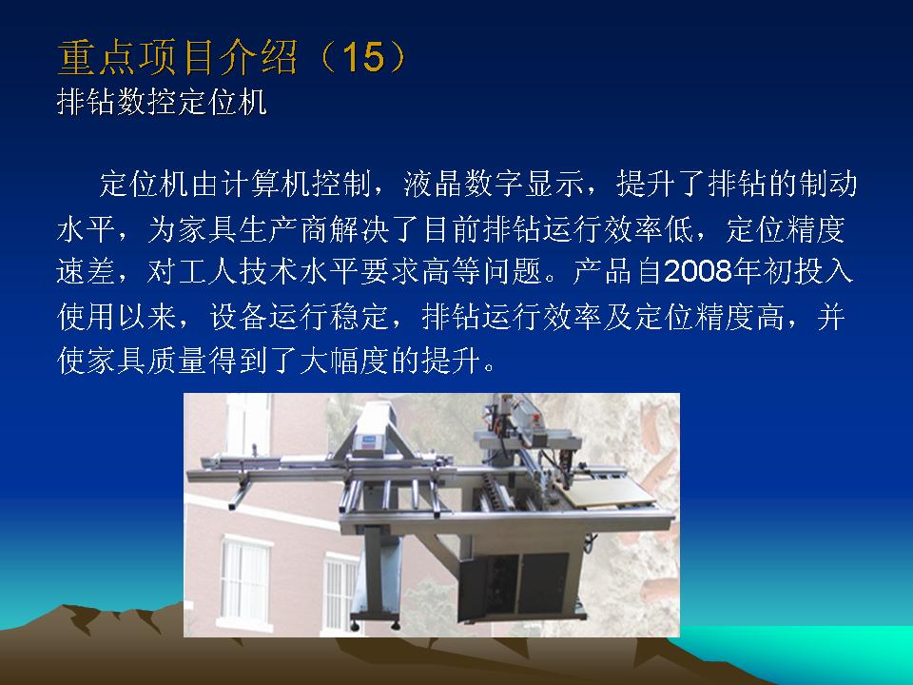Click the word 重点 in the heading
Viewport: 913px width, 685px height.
[97, 58]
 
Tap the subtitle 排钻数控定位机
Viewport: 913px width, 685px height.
[162, 103]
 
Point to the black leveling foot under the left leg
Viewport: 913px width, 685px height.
[356, 626]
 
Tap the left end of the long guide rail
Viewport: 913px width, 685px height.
[190, 475]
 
